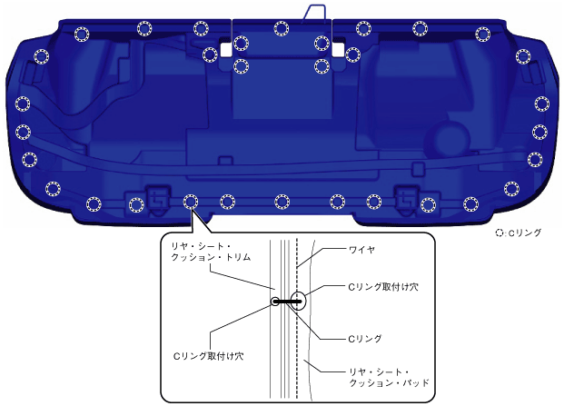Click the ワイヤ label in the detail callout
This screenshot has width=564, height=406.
(x=337, y=248)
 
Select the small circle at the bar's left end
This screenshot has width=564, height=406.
(x=275, y=301)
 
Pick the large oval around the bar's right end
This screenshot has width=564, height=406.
(x=300, y=301)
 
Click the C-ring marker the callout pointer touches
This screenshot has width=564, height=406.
(x=190, y=201)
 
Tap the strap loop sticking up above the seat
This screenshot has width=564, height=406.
(x=314, y=11)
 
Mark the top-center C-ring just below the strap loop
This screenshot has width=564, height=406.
(x=281, y=28)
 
